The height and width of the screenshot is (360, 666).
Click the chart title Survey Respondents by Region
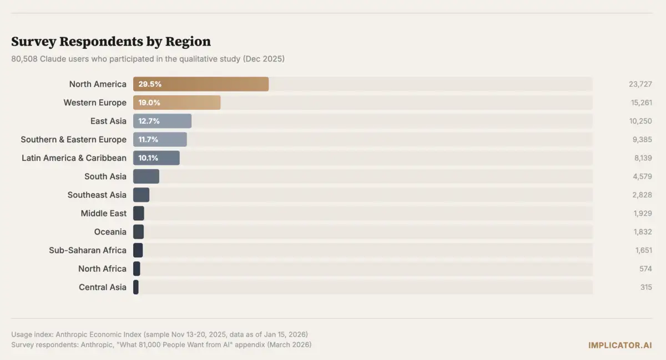coord(111,42)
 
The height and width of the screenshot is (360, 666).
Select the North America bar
coord(201,84)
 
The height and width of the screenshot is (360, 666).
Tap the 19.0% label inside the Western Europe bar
coord(149,103)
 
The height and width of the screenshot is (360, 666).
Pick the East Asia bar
coord(162,121)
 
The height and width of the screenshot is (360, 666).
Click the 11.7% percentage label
coord(149,139)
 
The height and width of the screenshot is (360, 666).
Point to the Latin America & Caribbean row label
coord(74,158)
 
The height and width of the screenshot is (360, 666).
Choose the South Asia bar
coord(146,176)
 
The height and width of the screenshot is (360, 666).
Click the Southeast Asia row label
coord(97,195)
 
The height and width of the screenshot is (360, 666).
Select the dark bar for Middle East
coord(139,213)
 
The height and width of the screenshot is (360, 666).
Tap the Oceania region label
coord(110,232)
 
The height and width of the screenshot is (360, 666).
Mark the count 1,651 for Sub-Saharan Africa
coord(644,250)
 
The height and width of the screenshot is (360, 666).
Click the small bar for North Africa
coord(137,268)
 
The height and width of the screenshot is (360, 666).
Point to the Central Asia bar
coord(136,287)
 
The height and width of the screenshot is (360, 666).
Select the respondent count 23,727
coord(640,84)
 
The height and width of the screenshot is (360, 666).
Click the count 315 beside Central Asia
coord(646,287)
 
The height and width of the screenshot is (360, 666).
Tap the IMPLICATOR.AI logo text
coord(620,345)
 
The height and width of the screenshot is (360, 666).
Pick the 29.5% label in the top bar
coord(150,84)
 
